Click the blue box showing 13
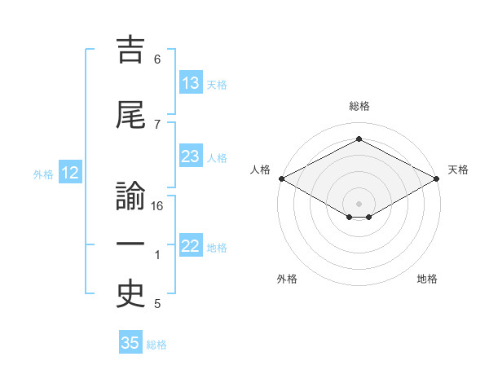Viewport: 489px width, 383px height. point(191,83)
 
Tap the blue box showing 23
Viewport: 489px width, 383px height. point(191,156)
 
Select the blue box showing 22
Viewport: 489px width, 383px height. point(191,246)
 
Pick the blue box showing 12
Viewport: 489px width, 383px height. point(70,173)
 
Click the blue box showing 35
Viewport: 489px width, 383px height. point(130,343)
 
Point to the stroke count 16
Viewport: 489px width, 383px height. point(158,206)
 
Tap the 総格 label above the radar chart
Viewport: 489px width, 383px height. point(359,106)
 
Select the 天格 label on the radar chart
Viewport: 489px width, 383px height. point(458,169)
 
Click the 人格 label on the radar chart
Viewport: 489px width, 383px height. point(261,169)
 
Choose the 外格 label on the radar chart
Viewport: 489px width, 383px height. point(287,279)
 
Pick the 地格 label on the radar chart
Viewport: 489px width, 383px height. point(427,279)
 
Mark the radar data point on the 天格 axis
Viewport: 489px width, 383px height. point(438,178)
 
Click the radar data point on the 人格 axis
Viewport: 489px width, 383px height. point(281,178)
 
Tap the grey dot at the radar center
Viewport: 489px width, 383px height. point(359,203)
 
